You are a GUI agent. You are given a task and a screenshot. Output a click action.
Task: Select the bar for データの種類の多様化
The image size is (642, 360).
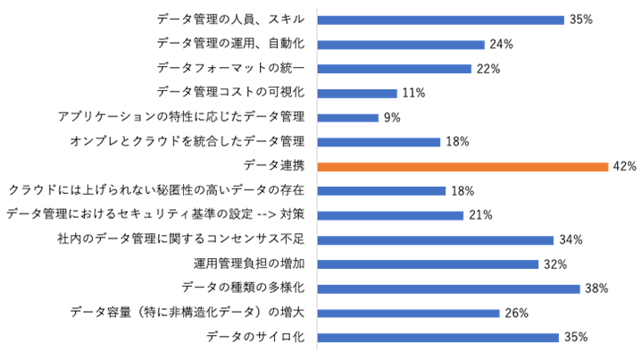click(x=449, y=289)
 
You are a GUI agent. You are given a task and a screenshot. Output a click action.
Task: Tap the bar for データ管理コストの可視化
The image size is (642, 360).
click(x=357, y=93)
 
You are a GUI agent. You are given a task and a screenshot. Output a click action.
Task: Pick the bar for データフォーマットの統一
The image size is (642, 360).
click(x=394, y=69)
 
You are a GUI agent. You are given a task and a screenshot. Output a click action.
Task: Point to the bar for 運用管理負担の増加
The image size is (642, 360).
click(x=428, y=264)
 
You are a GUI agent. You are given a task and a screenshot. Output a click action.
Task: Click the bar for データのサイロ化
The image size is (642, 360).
click(x=438, y=338)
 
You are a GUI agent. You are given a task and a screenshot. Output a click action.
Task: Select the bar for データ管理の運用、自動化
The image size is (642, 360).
click(x=401, y=45)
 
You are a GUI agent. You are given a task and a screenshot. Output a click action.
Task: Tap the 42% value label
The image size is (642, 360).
click(x=623, y=166)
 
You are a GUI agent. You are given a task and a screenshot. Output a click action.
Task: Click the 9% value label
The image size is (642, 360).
click(x=392, y=117)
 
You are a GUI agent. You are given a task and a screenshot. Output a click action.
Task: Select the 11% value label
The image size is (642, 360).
click(x=413, y=93)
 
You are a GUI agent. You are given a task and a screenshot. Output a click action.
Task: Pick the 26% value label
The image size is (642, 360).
click(x=515, y=313)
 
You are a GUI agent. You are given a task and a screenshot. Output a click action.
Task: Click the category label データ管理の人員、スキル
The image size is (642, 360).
click(x=230, y=20)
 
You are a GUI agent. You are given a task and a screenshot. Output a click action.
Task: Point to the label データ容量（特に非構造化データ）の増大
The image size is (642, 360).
click(x=188, y=313)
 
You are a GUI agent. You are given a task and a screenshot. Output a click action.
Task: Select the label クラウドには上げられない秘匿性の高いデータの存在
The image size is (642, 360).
click(x=156, y=190)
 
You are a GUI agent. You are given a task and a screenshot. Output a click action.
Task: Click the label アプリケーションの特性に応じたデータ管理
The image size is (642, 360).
click(x=181, y=117)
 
